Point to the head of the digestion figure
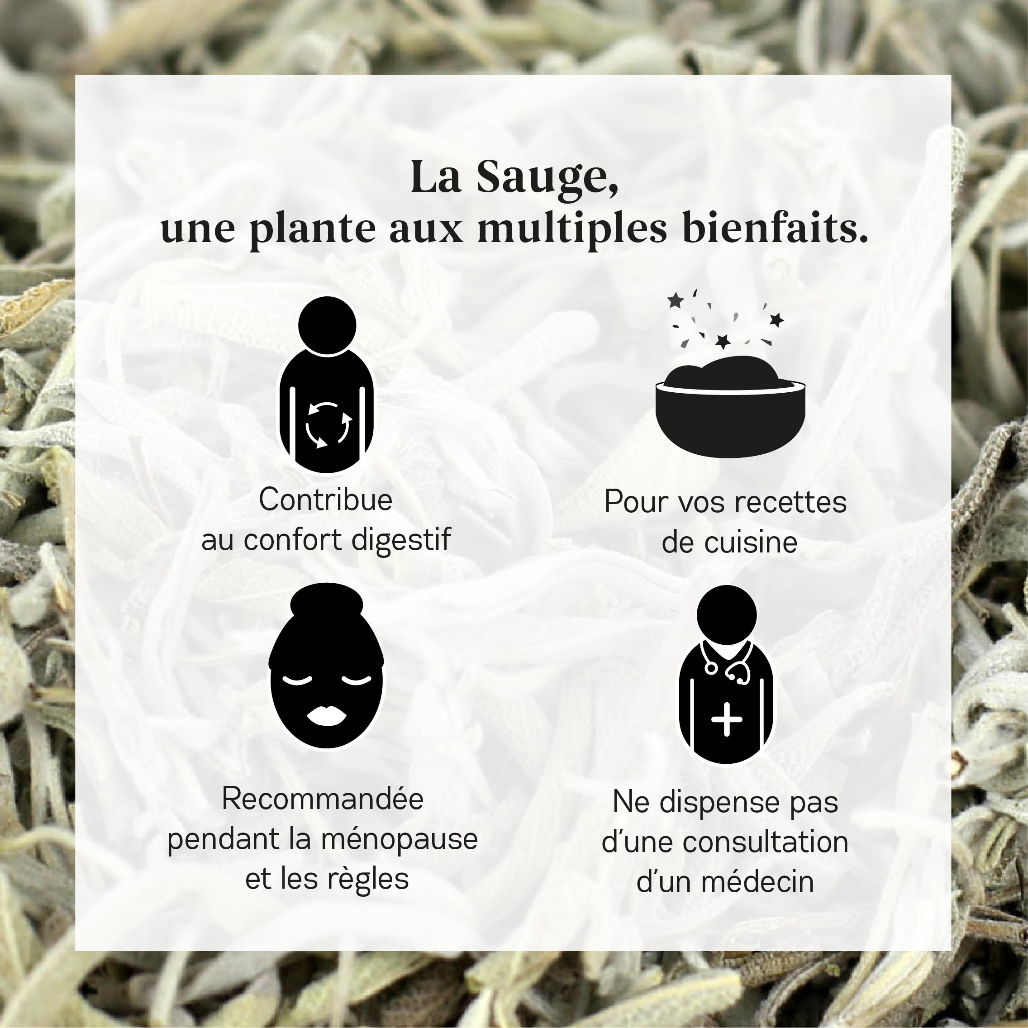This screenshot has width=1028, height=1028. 327,325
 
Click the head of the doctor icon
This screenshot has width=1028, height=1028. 726,614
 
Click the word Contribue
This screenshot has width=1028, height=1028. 326,500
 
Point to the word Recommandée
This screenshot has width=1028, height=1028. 323,799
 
